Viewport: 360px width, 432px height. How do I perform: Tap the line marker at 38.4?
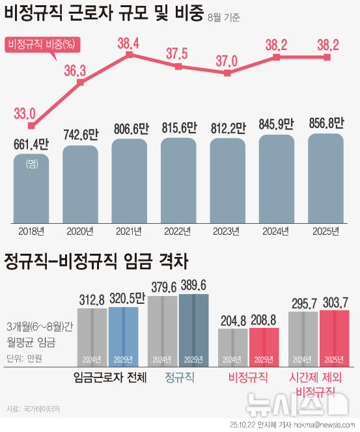pos(129,55)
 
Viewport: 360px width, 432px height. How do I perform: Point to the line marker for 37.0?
pos(227,74)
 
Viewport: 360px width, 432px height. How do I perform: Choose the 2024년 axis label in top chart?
pos(277,231)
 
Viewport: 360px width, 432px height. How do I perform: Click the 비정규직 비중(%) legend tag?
pos(40,44)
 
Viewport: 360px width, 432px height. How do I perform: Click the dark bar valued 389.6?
pos(194,329)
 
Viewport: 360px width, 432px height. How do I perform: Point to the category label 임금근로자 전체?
pos(110,377)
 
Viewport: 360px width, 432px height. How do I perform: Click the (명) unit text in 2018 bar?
pos(31,164)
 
